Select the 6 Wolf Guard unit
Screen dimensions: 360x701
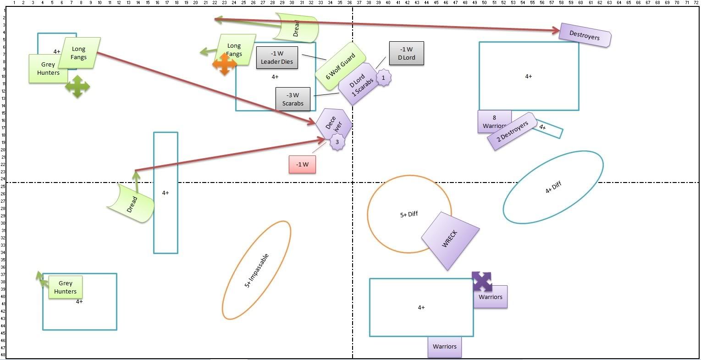coord(340,67)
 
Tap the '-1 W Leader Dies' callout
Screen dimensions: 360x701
coord(277,58)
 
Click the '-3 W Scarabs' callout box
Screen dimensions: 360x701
coord(293,100)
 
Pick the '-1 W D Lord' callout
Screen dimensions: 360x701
coord(406,53)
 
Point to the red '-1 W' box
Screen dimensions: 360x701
coord(302,165)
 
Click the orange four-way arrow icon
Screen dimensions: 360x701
coord(224,64)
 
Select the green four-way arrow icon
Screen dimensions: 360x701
coord(77,86)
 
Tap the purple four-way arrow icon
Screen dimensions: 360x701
coord(482,281)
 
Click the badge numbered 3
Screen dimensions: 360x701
coord(337,142)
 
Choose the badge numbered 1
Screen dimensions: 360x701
coord(383,78)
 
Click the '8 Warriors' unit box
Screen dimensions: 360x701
coord(494,122)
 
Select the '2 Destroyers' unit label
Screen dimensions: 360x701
coord(512,131)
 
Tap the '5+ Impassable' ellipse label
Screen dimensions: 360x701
coord(257,271)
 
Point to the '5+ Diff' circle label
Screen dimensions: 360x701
coord(409,214)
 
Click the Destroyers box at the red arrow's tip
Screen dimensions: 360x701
coord(585,35)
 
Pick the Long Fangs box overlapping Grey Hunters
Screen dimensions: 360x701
coord(79,53)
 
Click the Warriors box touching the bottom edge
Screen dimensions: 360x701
coord(444,347)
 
